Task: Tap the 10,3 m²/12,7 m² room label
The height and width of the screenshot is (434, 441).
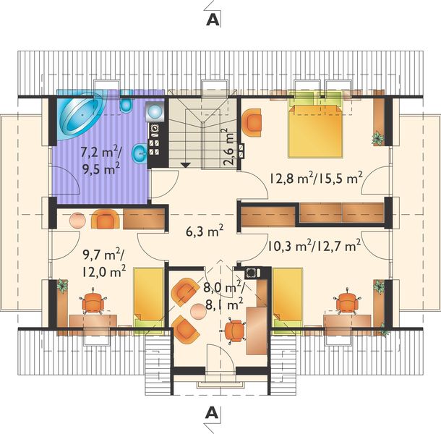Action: (314, 247)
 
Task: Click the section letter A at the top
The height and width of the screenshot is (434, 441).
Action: (212, 20)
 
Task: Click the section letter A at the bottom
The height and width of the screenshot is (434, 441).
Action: (212, 412)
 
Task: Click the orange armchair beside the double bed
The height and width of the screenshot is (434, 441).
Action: (252, 121)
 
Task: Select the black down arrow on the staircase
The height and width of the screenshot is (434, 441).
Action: (186, 165)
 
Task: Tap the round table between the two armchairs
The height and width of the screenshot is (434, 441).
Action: (197, 312)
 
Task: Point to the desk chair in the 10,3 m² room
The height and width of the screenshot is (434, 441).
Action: (348, 300)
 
